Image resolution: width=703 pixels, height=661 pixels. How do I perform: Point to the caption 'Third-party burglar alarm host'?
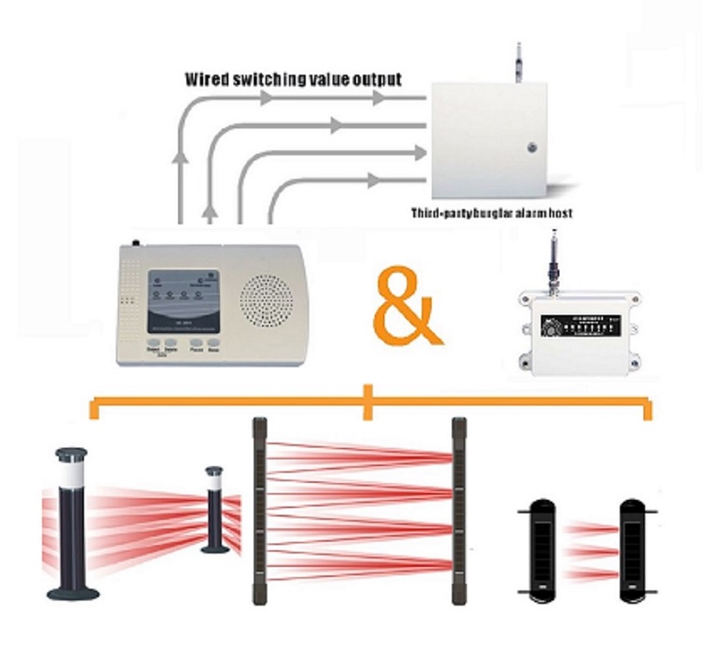[491, 213]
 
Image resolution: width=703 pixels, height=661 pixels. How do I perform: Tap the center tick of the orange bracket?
[370, 403]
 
